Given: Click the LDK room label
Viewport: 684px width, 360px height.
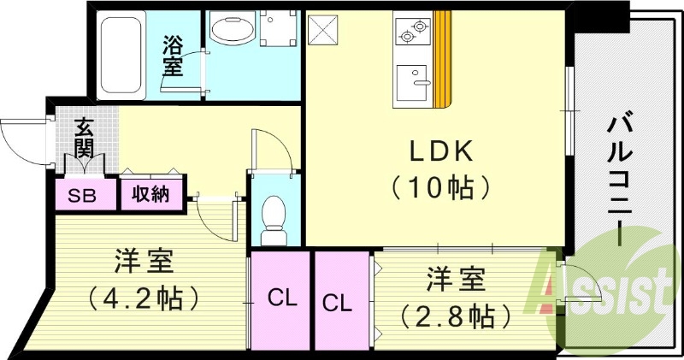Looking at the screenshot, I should (x=440, y=151).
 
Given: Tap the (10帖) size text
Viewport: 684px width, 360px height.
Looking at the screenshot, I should (x=440, y=186).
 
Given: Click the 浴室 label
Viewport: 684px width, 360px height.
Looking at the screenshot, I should (x=174, y=55).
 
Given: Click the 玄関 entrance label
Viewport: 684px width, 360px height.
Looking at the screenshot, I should (x=84, y=139).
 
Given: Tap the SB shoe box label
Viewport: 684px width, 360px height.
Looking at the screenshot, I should (x=82, y=195).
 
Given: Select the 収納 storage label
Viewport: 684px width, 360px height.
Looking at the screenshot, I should (x=150, y=194).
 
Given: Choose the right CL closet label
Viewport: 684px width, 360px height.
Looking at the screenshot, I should (x=338, y=302).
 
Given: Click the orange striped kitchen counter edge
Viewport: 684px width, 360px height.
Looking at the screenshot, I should (x=442, y=60).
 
